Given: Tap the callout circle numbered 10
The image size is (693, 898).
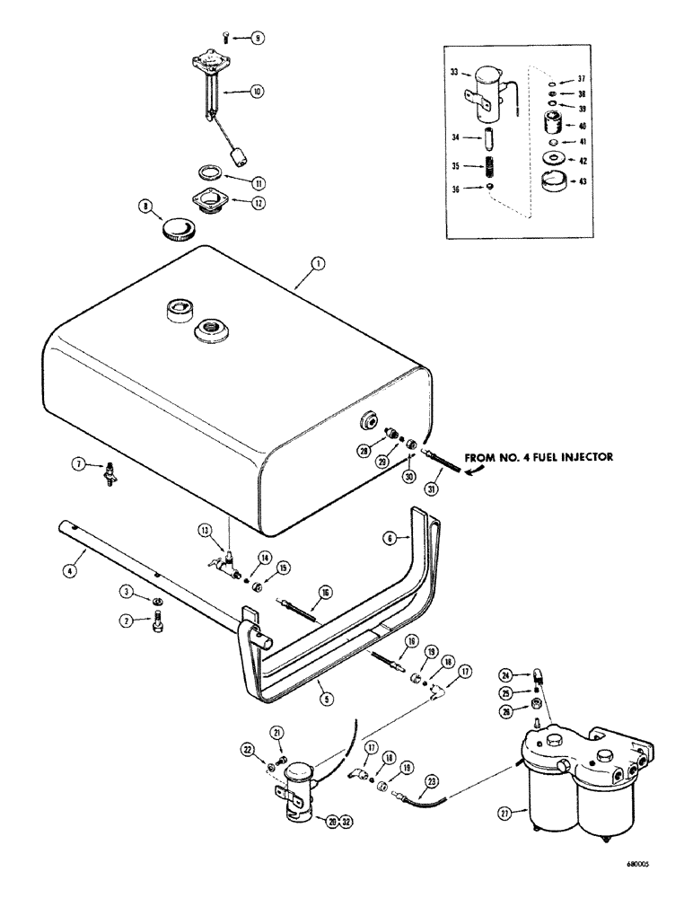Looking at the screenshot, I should pyautogui.click(x=257, y=91).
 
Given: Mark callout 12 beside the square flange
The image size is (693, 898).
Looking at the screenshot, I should pyautogui.click(x=259, y=203).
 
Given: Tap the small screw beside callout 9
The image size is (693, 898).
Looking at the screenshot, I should pyautogui.click(x=223, y=37).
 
